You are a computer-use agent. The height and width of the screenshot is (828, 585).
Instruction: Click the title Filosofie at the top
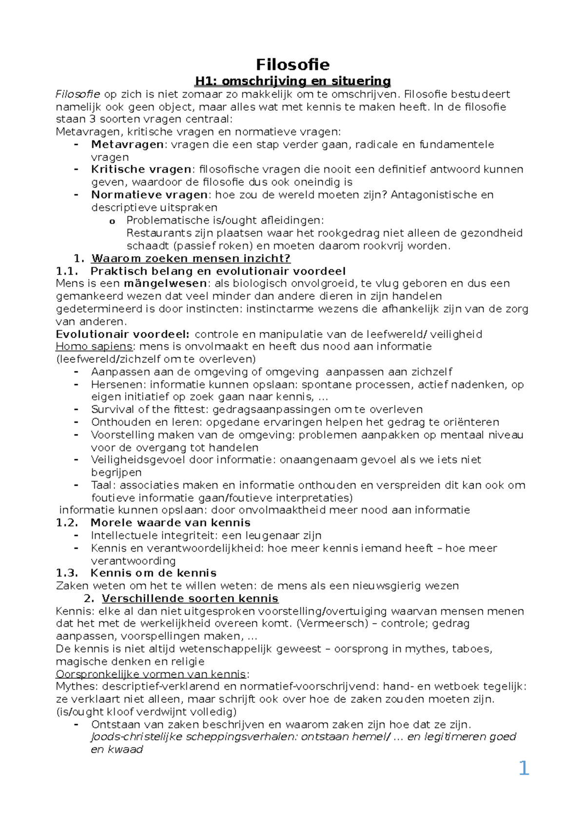point(292,64)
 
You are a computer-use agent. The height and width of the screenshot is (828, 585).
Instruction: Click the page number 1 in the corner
point(524,769)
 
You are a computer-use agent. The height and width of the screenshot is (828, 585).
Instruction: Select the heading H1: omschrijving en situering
point(292,81)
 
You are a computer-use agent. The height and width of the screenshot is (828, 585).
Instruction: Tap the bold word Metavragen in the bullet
point(127,144)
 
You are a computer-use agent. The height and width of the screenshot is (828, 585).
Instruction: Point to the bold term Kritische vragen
point(141,169)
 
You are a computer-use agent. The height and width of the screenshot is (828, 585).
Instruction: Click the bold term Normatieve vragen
point(149,195)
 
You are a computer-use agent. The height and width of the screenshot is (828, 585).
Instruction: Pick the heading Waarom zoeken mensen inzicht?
point(191,258)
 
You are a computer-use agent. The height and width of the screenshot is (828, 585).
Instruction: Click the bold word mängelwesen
point(166,283)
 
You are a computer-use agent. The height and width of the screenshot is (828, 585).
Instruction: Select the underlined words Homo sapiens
point(94,346)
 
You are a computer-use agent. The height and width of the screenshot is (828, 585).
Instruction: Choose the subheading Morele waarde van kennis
point(170,523)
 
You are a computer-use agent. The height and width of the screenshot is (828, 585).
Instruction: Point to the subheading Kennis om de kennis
point(153,573)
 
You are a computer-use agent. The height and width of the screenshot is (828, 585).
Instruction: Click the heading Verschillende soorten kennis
point(190,598)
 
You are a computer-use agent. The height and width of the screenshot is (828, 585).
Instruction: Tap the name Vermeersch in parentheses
point(331,623)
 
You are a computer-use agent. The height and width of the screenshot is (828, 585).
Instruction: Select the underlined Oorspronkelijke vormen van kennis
point(151,674)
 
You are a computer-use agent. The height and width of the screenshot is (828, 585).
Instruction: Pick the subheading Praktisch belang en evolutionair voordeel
point(218,271)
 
